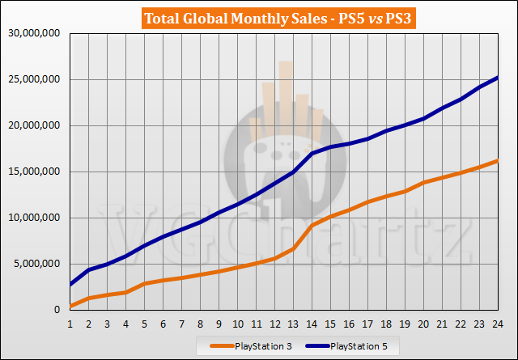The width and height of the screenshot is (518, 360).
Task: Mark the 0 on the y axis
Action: (59, 310)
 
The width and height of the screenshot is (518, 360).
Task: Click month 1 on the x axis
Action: (70, 323)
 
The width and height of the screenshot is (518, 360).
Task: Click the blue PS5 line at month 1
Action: (70, 285)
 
